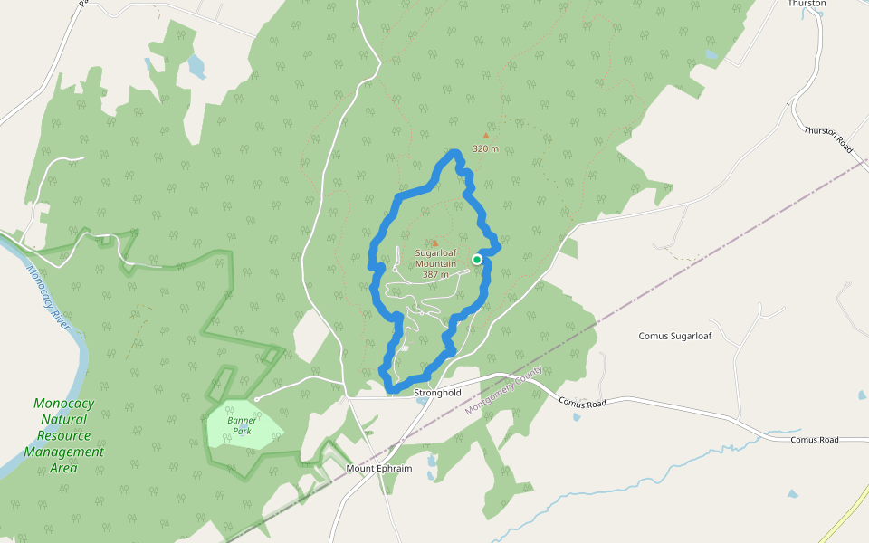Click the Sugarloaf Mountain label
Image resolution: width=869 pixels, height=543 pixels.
point(435,258)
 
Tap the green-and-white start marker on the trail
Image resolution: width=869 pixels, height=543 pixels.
point(477,260)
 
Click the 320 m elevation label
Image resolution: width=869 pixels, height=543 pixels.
point(485,148)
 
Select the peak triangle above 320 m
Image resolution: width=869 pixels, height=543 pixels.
point(485,136)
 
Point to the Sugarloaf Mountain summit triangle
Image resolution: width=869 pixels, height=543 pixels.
point(434,243)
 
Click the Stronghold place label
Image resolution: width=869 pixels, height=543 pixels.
point(437,393)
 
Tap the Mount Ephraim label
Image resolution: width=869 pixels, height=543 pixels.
point(379,468)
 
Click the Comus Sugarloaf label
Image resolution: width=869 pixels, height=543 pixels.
point(675,336)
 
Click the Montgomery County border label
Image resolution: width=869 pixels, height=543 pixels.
point(504,391)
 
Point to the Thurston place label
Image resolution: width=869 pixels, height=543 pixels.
point(807,4)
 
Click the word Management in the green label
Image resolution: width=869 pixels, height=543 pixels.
point(63,452)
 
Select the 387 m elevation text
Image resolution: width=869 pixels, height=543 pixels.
point(435,274)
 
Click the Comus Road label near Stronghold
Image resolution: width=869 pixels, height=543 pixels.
point(581,402)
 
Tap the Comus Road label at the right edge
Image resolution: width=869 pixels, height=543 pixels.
point(815,440)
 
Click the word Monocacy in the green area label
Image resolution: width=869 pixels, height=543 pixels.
point(63,403)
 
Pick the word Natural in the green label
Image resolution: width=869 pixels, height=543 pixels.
point(63,419)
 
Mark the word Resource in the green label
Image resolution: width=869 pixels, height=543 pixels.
point(63,435)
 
